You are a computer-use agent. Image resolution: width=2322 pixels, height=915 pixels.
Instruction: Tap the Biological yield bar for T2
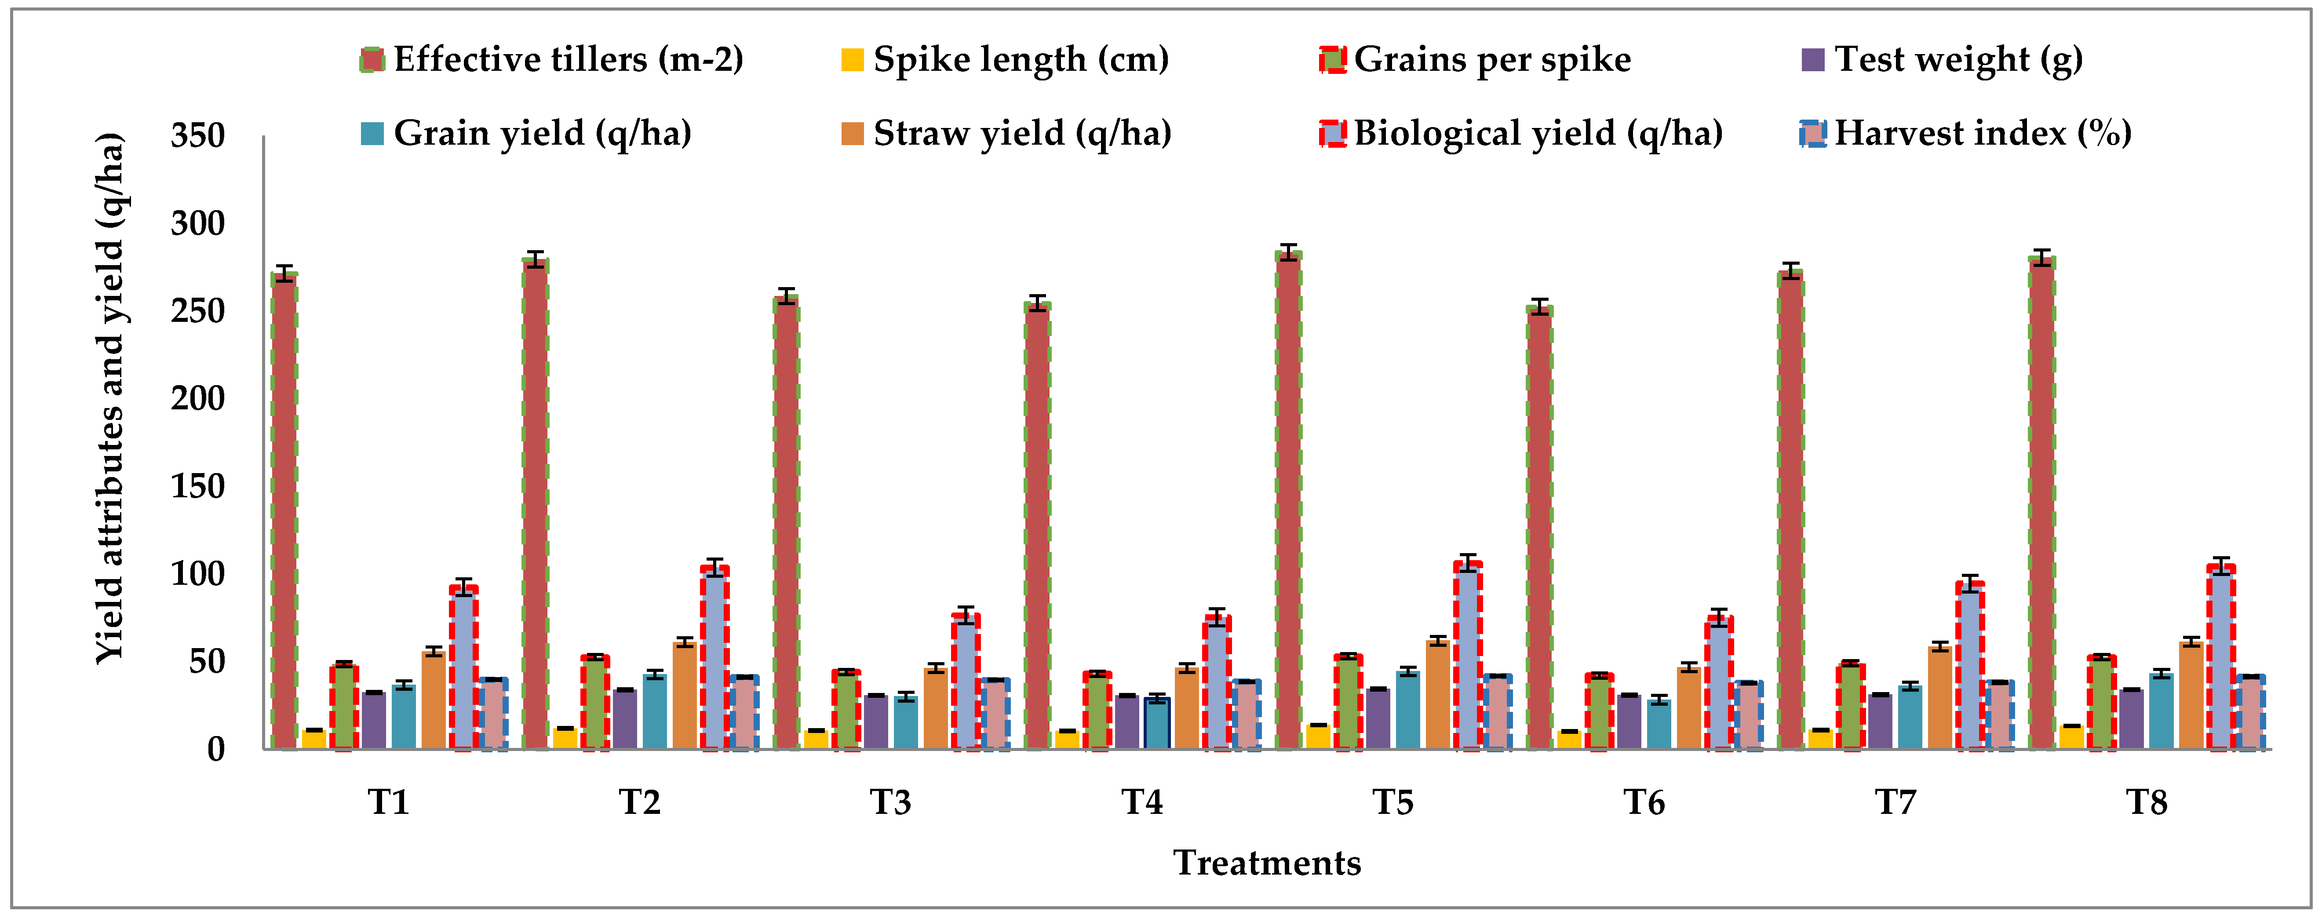715,658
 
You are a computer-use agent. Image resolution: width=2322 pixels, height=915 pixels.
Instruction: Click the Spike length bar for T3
816,739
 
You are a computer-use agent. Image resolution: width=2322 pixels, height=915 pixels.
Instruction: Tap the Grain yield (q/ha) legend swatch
372,133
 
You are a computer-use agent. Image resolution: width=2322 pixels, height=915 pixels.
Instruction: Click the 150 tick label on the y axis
198,487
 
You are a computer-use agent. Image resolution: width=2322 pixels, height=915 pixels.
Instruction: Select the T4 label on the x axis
1142,802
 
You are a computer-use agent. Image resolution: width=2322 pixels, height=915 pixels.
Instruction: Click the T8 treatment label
2147,802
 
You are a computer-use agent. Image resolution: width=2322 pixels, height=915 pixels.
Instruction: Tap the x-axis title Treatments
1266,863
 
